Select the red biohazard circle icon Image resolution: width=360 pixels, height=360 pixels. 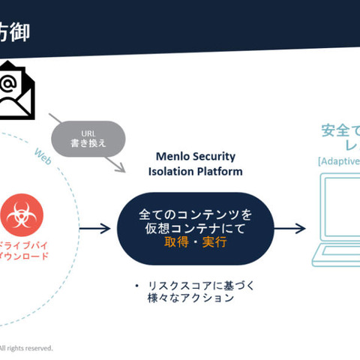(x=22, y=215)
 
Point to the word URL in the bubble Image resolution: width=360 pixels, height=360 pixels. (x=87, y=132)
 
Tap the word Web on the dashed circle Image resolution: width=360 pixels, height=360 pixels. (x=43, y=154)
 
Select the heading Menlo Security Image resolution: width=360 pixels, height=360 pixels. (x=195, y=156)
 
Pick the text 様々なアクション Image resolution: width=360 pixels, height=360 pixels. (x=190, y=298)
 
